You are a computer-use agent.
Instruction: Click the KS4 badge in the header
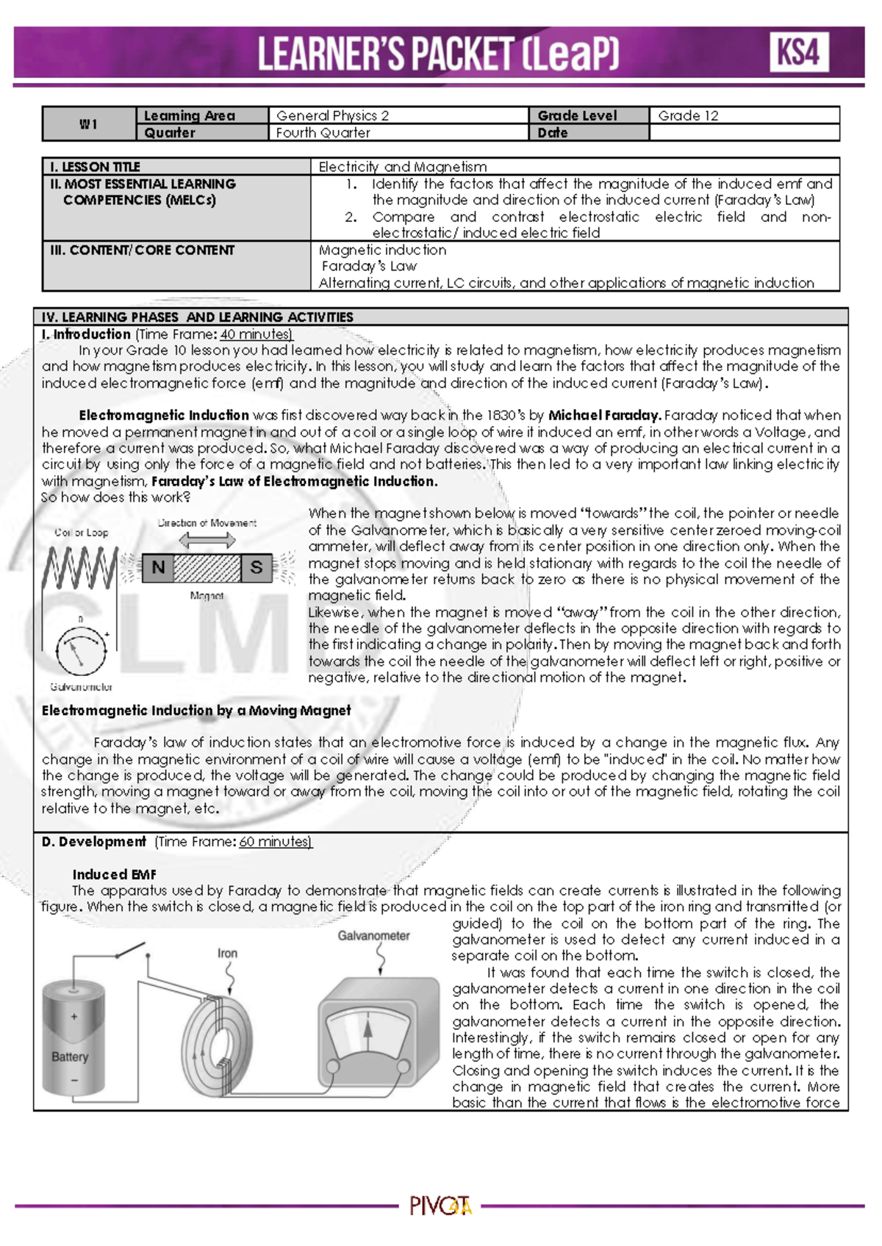tap(799, 52)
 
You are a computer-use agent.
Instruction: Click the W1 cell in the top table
tap(89, 124)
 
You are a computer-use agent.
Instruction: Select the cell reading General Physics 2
tap(332, 115)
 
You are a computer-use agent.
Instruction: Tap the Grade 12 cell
tap(688, 115)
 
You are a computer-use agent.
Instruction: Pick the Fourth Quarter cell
tap(323, 133)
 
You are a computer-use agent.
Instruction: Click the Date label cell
tap(553, 133)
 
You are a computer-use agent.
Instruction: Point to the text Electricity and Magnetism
tap(403, 167)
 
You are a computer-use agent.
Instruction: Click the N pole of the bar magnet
tap(157, 567)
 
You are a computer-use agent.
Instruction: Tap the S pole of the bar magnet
tap(256, 567)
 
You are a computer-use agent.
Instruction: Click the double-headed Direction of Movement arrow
tap(207, 541)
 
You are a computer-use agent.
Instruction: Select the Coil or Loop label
tap(81, 533)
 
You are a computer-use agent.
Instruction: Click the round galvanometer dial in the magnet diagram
tap(81, 650)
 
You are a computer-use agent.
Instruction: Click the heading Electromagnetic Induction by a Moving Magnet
tap(196, 710)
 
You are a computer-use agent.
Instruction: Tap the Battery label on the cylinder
tap(70, 1056)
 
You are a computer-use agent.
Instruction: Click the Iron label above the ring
tap(227, 953)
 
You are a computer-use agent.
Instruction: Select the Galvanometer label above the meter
tap(373, 935)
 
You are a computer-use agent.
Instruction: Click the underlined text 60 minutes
tap(275, 842)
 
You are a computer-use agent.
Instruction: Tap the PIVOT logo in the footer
tap(440, 1206)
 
